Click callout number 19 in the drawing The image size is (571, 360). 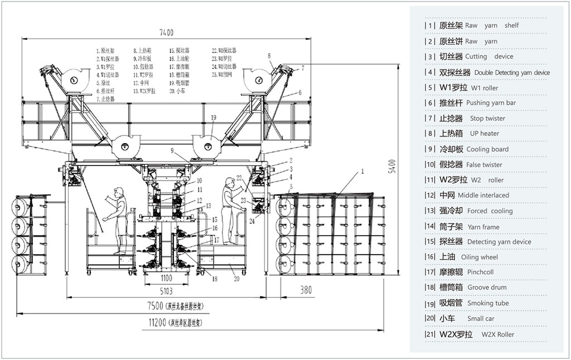coord(213,117)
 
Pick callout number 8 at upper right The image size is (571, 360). coord(269,56)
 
